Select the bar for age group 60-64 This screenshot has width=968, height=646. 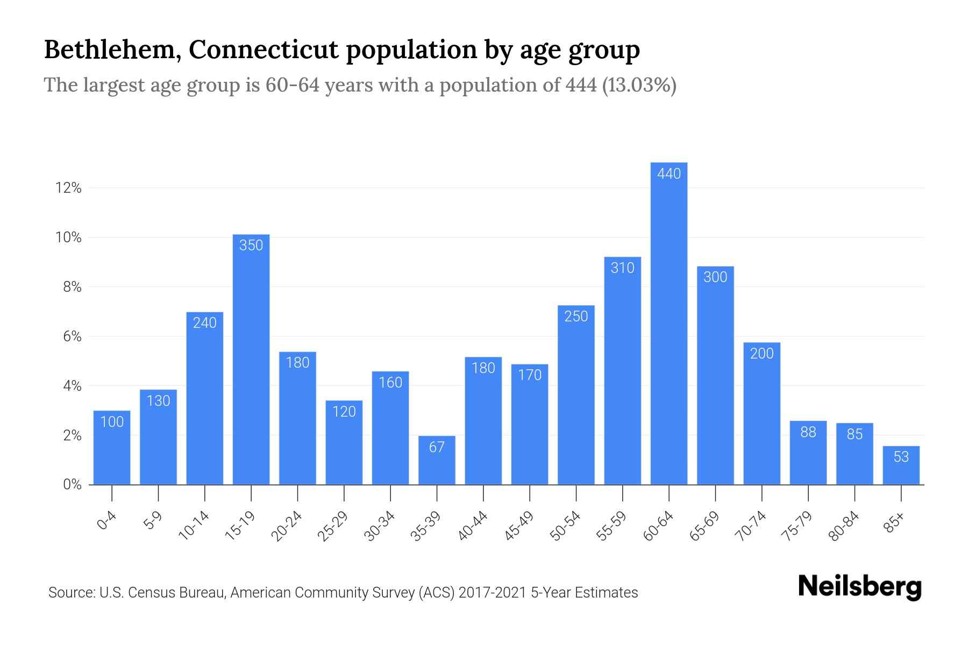click(x=668, y=323)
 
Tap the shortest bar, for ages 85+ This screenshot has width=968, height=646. click(x=901, y=466)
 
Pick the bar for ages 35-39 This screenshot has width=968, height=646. click(x=437, y=460)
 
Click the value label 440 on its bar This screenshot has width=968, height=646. click(x=668, y=173)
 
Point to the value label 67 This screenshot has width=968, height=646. click(x=437, y=447)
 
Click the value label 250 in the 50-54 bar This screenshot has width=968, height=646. click(x=576, y=317)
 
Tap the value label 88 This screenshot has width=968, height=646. click(x=808, y=432)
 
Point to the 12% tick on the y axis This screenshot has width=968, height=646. click(x=68, y=188)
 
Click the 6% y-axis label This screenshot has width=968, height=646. click(x=72, y=336)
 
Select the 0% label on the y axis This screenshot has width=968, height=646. click(x=72, y=484)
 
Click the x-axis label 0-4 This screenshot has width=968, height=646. click(x=107, y=521)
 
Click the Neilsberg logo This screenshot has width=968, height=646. click(x=859, y=587)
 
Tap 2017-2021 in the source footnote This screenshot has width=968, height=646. click(x=492, y=593)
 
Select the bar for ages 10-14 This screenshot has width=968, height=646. click(x=205, y=398)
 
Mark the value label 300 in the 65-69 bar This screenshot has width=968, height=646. click(x=715, y=277)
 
